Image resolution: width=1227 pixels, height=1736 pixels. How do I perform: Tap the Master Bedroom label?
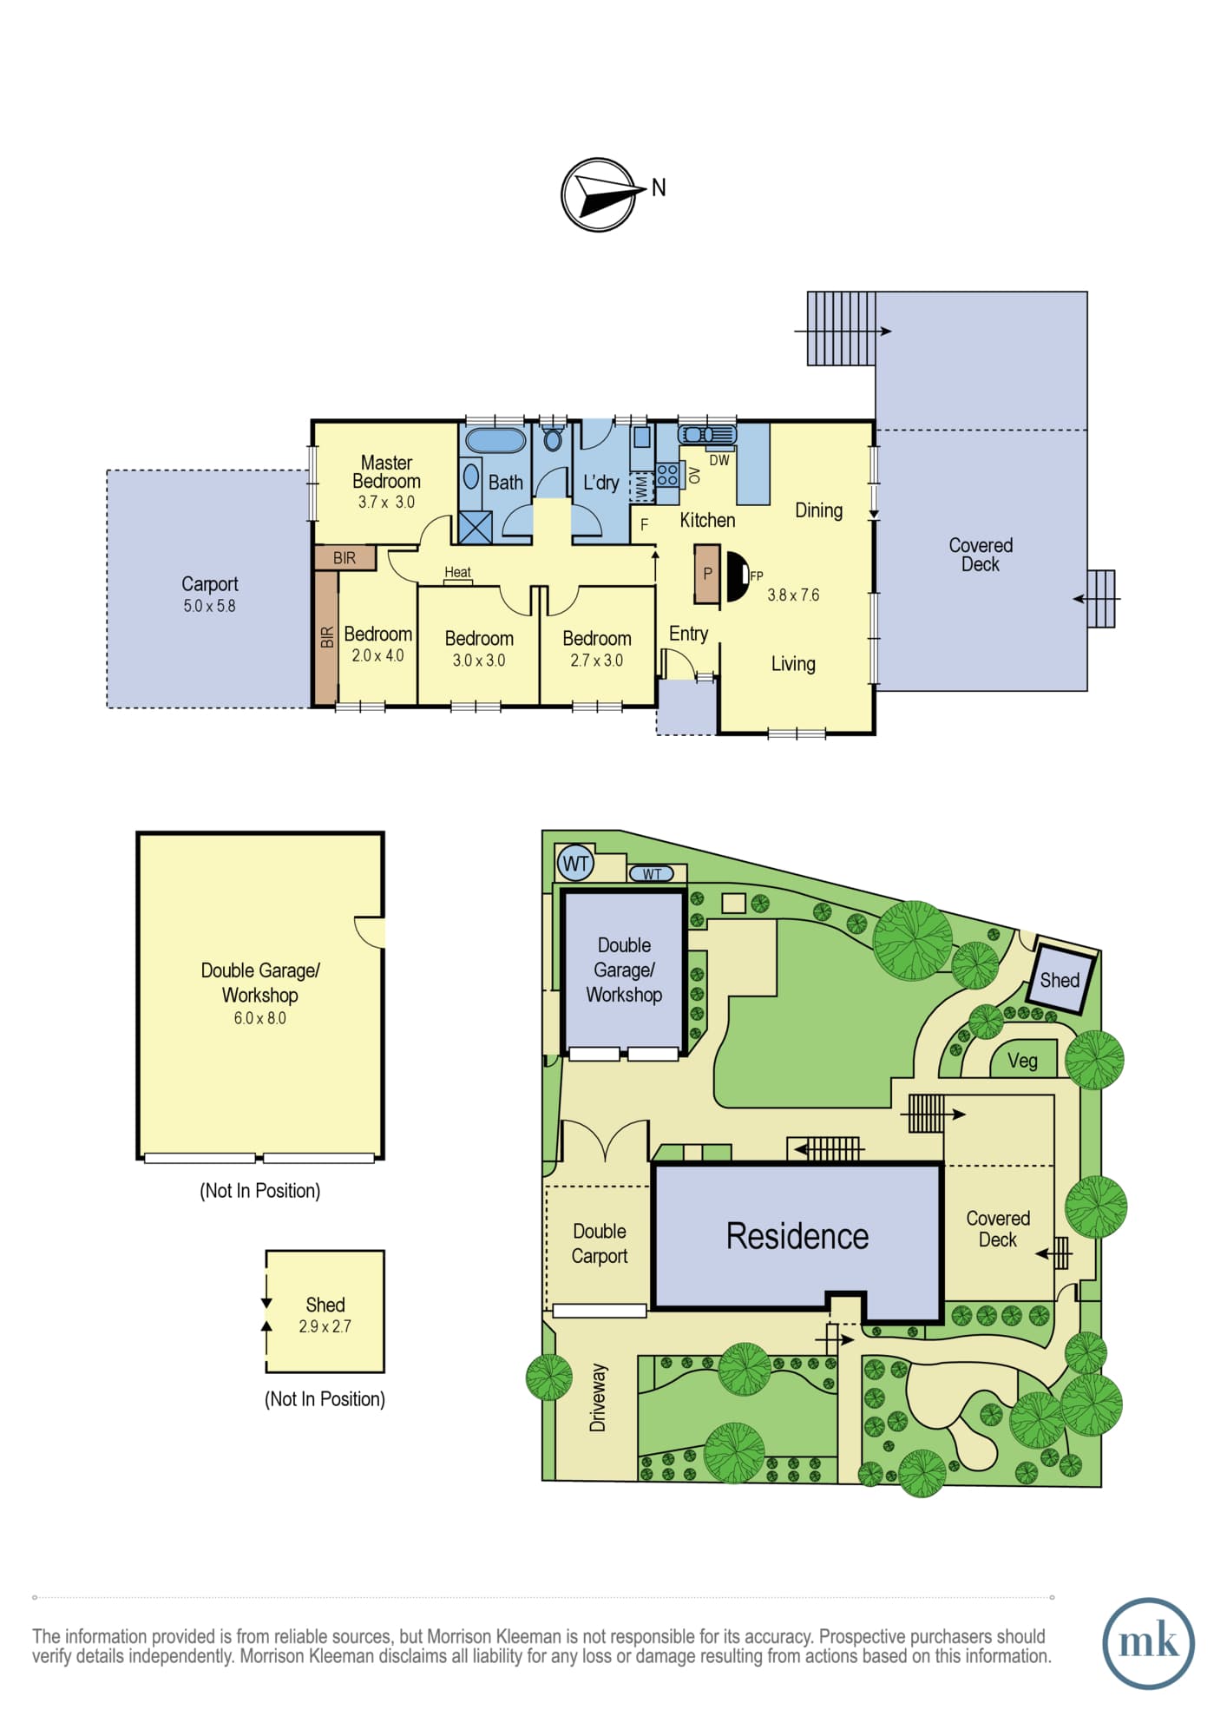tap(386, 472)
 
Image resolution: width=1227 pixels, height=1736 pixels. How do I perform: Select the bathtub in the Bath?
tap(495, 440)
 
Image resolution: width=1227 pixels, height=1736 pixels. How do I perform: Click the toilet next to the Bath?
tap(553, 436)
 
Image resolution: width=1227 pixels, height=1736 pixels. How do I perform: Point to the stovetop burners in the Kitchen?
tap(667, 474)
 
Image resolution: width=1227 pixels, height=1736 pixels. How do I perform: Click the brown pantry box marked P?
tap(707, 573)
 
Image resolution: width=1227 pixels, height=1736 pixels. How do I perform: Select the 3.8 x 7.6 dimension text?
tap(793, 595)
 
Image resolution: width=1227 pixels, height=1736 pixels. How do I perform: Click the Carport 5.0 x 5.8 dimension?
tap(209, 607)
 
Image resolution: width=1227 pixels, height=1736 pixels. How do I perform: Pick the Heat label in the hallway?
tap(457, 572)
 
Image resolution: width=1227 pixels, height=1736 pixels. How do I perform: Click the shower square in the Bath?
tap(476, 528)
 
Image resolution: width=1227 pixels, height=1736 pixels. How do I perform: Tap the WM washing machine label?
tap(641, 486)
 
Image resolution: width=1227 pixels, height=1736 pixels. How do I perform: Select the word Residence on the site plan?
tap(797, 1236)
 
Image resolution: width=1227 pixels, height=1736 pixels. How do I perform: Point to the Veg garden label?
tap(1022, 1061)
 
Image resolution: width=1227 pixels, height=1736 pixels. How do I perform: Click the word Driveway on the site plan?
tap(598, 1397)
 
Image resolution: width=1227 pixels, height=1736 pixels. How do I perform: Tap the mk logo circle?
tap(1148, 1643)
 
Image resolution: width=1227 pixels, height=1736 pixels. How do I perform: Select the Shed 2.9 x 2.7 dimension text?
tap(325, 1327)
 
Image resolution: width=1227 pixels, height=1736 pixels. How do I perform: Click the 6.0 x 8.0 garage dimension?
tap(259, 1019)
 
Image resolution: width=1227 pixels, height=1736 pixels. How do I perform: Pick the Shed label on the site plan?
tap(1060, 981)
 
